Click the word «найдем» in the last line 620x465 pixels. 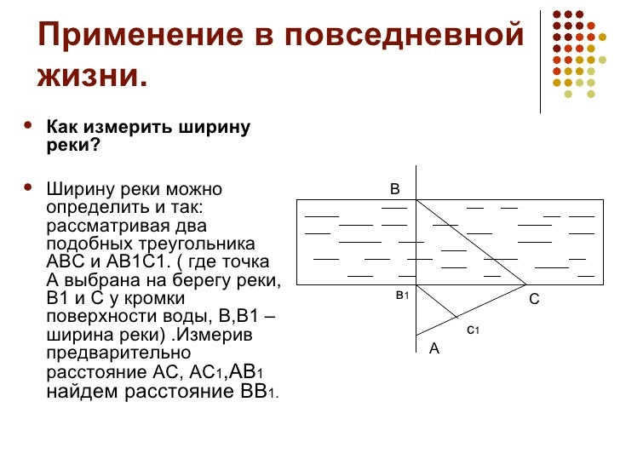(x=81, y=392)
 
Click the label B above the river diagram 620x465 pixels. (x=394, y=188)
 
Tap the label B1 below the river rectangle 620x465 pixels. (x=402, y=295)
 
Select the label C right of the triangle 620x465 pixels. (x=534, y=299)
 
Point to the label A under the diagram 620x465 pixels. (x=433, y=347)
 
